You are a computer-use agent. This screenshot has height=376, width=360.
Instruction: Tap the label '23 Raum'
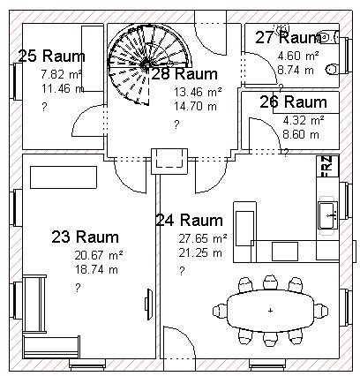coord(86,237)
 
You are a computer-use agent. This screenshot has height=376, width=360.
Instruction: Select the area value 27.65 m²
coord(203,238)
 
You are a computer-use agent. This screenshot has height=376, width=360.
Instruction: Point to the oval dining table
coord(271,310)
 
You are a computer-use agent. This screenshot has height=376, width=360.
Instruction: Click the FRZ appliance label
coord(327,166)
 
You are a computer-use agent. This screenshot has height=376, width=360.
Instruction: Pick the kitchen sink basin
coord(327,215)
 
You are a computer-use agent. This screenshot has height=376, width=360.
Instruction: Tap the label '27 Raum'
coord(289,37)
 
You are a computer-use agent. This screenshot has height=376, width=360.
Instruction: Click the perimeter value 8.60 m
coord(301,134)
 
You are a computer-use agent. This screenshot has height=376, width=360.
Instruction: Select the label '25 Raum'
coord(51,56)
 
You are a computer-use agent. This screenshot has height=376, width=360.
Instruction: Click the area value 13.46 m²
coord(198,92)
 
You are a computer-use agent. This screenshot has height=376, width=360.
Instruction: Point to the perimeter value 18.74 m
coord(96,269)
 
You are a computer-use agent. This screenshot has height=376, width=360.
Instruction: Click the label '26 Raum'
coord(293,102)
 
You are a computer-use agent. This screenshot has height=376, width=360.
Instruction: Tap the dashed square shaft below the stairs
coord(169,162)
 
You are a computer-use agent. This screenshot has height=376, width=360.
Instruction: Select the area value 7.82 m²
coord(61,74)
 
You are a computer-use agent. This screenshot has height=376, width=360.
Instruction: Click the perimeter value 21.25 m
coord(200,252)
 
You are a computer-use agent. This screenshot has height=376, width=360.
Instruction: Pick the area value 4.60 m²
coord(298,56)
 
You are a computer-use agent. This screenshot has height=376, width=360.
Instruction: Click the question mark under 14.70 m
coord(176,124)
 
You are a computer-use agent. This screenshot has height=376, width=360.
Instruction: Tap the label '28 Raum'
coord(184,74)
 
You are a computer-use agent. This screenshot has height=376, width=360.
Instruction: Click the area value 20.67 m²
coord(99,255)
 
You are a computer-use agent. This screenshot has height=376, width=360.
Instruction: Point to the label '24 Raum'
coord(189,220)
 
